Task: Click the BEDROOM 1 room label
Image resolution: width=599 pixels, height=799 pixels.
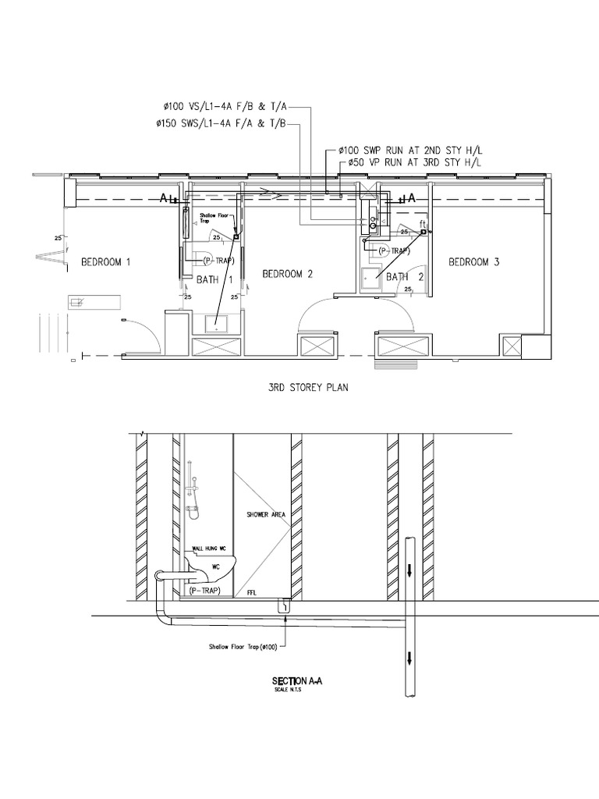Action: coord(106,262)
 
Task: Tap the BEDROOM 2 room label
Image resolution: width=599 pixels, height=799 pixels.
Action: coord(287,273)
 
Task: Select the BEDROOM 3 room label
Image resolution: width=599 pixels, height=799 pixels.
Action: coord(473,262)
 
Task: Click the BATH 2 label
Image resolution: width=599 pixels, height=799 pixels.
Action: coord(404,276)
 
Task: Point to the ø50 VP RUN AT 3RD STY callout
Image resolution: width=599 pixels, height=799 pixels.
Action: coord(410,162)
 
